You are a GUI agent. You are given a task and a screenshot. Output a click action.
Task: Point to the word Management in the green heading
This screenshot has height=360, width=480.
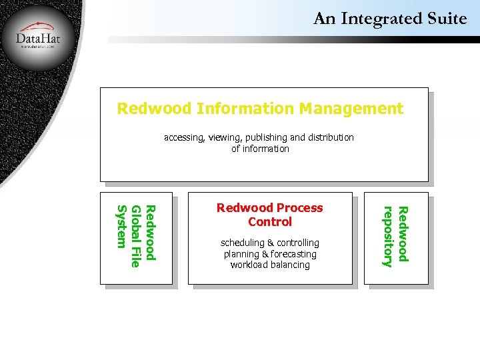[351, 108]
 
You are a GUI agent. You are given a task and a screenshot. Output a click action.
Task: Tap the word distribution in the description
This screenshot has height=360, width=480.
[330, 137]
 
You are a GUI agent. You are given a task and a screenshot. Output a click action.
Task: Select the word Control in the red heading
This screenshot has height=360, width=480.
[270, 221]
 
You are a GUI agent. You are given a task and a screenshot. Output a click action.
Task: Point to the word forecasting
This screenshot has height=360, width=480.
[293, 254]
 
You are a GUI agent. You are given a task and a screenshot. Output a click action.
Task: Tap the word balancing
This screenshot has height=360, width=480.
[292, 265]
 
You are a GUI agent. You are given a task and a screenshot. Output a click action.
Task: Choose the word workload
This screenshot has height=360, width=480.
[251, 265]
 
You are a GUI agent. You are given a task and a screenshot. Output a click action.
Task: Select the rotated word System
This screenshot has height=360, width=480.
[121, 226]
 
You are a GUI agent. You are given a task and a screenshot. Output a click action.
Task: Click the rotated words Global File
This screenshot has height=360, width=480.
[136, 237]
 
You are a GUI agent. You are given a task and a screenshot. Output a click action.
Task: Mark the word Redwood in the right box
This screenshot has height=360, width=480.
[403, 233]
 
